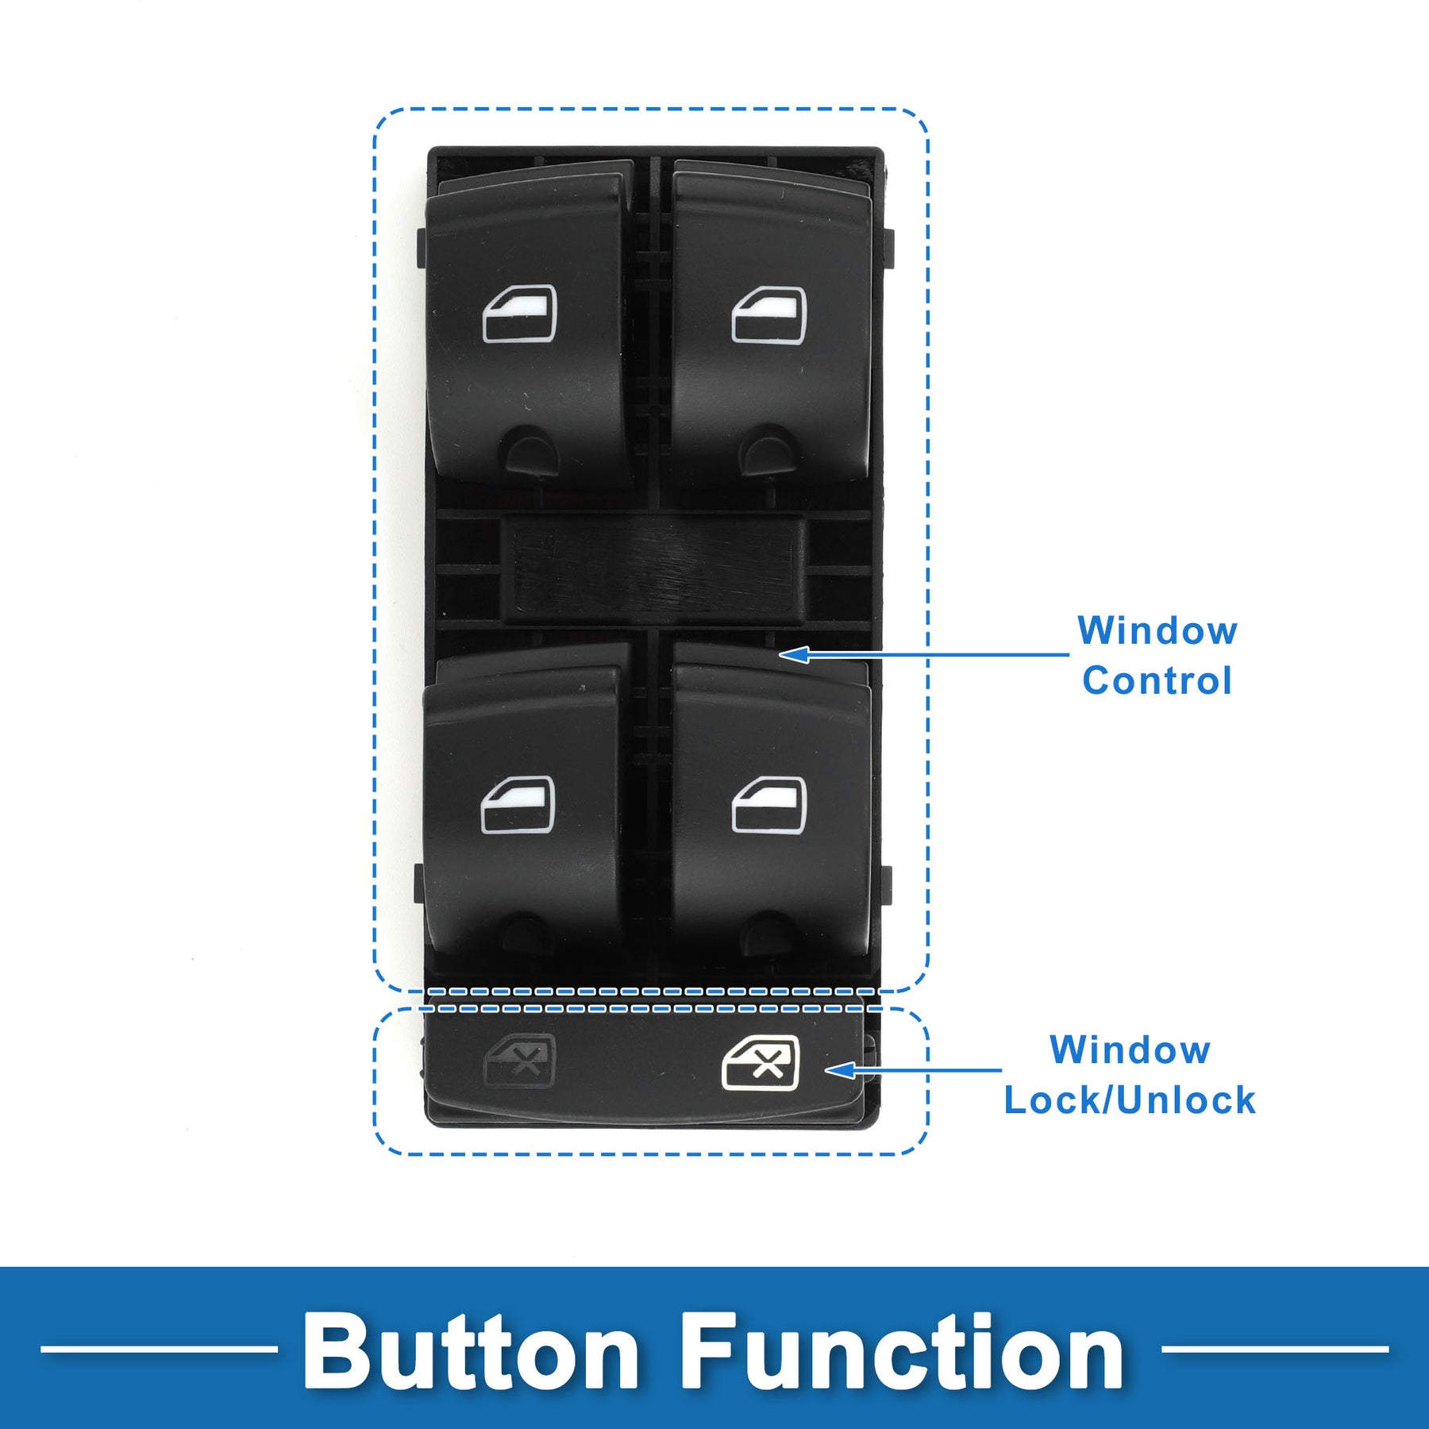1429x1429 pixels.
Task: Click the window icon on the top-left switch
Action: click(520, 314)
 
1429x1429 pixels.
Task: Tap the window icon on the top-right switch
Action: click(768, 315)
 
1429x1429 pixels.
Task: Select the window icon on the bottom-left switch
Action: click(518, 805)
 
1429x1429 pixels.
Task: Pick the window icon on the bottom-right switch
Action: click(768, 805)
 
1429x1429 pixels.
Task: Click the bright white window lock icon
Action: click(761, 1063)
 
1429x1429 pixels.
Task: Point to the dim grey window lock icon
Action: click(520, 1061)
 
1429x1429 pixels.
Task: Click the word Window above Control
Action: click(1157, 631)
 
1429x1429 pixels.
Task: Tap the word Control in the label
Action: click(1157, 681)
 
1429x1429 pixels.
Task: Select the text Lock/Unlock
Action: click(1130, 1100)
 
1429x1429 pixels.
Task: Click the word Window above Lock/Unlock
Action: click(1130, 1050)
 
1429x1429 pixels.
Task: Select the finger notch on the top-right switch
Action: click(768, 450)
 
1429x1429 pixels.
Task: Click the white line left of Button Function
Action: click(159, 1349)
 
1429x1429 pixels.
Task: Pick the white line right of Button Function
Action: click(1274, 1349)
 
